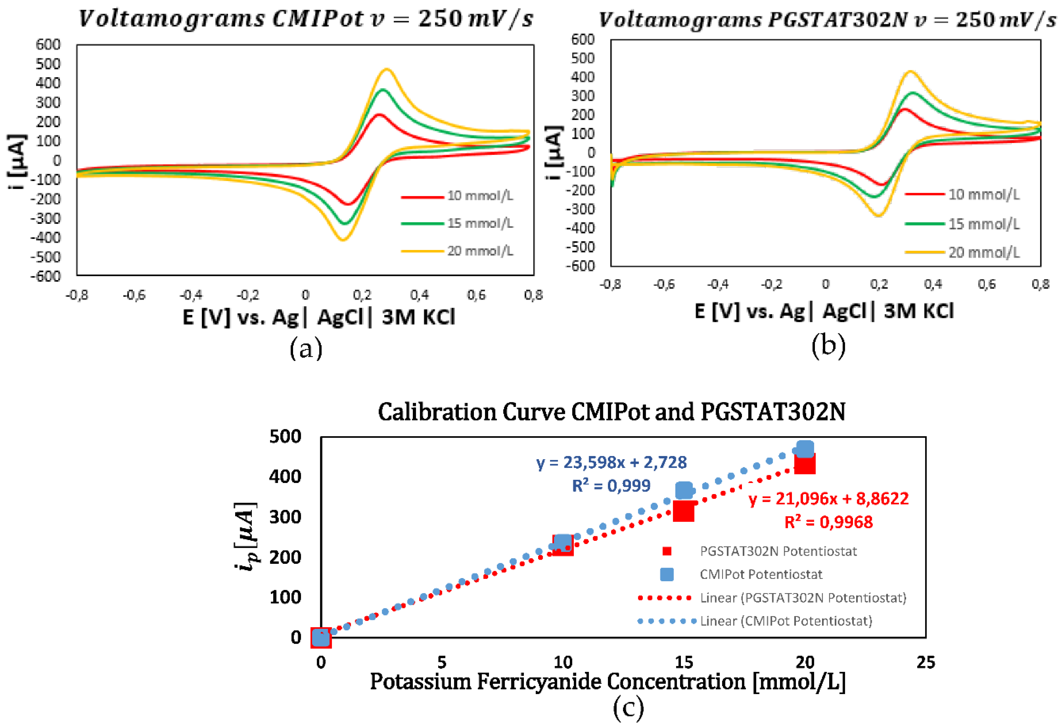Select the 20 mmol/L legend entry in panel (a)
pyautogui.click(x=480, y=251)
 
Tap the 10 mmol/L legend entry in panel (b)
pyautogui.click(x=984, y=194)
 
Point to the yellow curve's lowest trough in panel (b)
pyautogui.click(x=878, y=216)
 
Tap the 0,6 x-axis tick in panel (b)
pyautogui.click(x=987, y=285)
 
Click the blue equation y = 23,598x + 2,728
pyautogui.click(x=611, y=462)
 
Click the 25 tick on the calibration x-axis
pyautogui.click(x=925, y=662)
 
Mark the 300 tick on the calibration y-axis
pyautogui.click(x=285, y=517)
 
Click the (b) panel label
pyautogui.click(x=828, y=346)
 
